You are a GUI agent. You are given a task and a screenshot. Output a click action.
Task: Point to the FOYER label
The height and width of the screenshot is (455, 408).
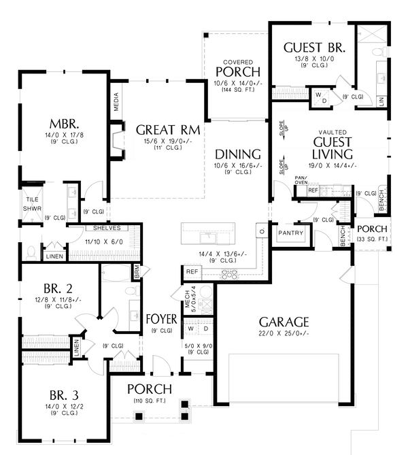(161, 319)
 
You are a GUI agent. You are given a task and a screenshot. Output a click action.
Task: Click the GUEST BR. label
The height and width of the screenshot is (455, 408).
(315, 48)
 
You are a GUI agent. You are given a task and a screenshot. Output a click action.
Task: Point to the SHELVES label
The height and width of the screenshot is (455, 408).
(107, 228)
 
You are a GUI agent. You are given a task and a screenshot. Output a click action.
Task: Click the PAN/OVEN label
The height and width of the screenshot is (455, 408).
(303, 180)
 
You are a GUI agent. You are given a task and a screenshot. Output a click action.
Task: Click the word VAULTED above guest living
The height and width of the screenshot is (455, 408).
(333, 133)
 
